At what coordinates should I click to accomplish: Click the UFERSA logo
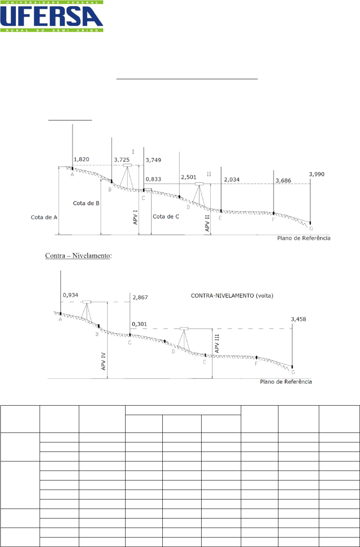[x=51, y=17]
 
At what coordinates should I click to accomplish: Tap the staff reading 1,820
[x=81, y=159]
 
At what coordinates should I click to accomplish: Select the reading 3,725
[x=122, y=160]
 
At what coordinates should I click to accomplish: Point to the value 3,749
[x=153, y=160]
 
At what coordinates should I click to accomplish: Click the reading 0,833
[x=153, y=179]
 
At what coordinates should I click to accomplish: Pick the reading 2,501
[x=189, y=177]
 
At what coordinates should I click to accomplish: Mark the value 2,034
[x=232, y=179]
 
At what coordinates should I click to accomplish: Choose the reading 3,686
[x=283, y=181]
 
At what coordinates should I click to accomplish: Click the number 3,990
[x=316, y=174]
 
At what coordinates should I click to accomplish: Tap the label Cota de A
[x=44, y=217]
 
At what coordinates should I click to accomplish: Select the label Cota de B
[x=86, y=203]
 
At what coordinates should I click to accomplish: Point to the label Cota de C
[x=166, y=217]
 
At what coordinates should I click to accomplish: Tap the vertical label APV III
[x=217, y=343]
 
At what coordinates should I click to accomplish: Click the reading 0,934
[x=70, y=295]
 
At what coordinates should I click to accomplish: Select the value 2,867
[x=140, y=297]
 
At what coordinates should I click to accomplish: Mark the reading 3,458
[x=298, y=319]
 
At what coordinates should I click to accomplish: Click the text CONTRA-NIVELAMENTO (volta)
[x=232, y=296]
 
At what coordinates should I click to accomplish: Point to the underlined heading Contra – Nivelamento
[x=78, y=256]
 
